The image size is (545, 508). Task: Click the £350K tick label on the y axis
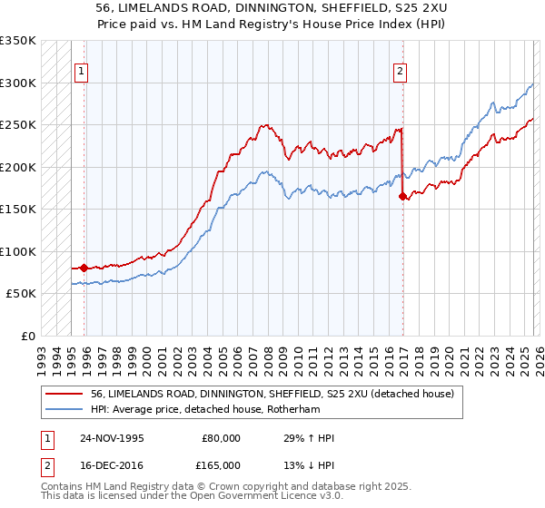pos(18,41)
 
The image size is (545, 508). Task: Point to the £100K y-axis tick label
pos(18,251)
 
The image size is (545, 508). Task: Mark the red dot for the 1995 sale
pos(84,268)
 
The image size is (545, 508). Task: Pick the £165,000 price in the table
pos(221,466)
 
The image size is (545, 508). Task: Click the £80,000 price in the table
pos(221,438)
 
